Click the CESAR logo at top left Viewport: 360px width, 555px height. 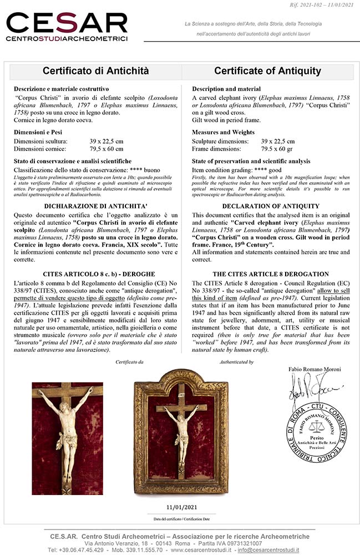[x=67, y=27]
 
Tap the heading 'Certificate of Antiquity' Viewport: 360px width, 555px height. [x=267, y=71]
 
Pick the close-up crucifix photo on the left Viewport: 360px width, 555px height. [x=67, y=431]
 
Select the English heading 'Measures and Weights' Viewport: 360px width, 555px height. [x=224, y=132]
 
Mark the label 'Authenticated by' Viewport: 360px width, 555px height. [x=236, y=362]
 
